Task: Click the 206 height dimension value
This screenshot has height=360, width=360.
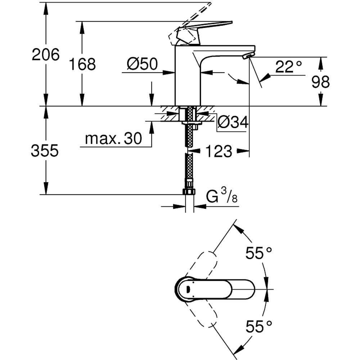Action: tap(45, 55)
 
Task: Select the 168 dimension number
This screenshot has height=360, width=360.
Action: tap(82, 64)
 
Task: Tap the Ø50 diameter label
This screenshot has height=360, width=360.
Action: tap(143, 64)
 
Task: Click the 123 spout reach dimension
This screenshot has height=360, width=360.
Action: tap(219, 152)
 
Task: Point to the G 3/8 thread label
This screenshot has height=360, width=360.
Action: tap(222, 197)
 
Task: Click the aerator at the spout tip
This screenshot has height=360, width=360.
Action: tap(248, 56)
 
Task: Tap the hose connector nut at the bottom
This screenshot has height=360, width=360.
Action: tap(189, 191)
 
